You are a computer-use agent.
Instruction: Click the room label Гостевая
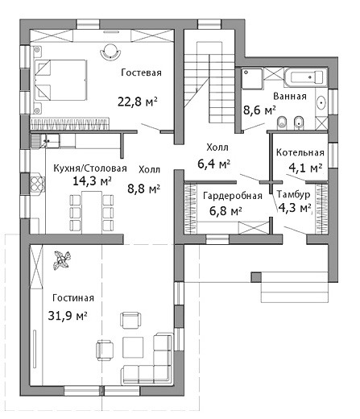pos(141,73)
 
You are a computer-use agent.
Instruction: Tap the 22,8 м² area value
pos(137,102)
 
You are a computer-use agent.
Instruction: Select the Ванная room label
pos(290,96)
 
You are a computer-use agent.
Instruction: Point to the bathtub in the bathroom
pos(306,77)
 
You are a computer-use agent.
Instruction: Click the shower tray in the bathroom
pos(252,78)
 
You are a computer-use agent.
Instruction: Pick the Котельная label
pos(300,152)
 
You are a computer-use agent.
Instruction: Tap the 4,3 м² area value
pos(295,207)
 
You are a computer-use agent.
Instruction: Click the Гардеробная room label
pos(233,196)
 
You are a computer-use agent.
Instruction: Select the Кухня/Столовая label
pos(90,168)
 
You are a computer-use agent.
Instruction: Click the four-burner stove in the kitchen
pos(37,184)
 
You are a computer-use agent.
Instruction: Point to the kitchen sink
pos(45,141)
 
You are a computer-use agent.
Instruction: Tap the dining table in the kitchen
pos(92,212)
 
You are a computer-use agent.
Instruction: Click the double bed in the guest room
pos(60,80)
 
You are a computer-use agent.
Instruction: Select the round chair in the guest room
pos(110,51)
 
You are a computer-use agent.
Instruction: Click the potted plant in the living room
pos(62,260)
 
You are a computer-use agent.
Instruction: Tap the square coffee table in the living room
pos(133,347)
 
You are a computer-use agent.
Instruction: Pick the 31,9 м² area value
pos(68,316)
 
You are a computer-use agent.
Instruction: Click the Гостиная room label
pos(73,298)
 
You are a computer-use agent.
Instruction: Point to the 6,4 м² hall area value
pos(214,164)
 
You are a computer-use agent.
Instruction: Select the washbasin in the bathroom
pos(321,102)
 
